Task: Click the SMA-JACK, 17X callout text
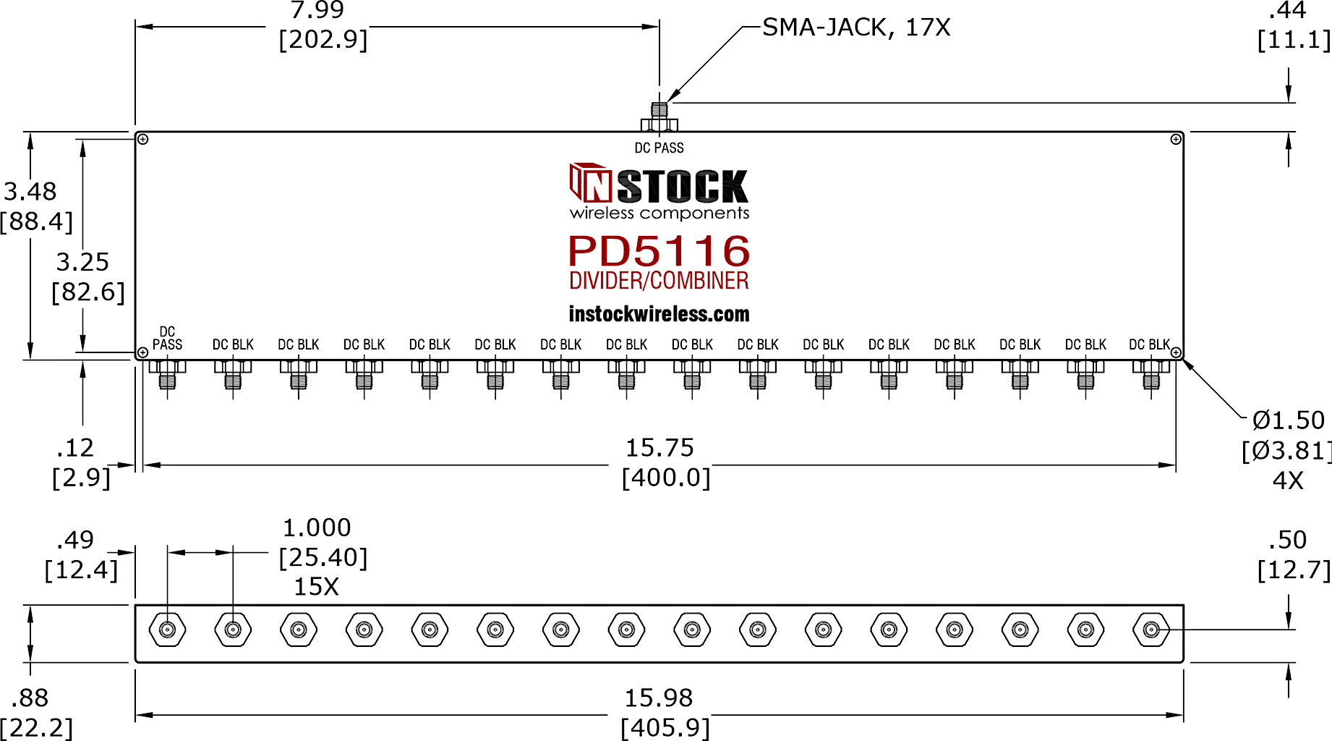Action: pyautogui.click(x=856, y=27)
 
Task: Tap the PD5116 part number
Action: pyautogui.click(x=659, y=251)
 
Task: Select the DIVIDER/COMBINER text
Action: pyautogui.click(x=659, y=281)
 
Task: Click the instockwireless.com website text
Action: pyautogui.click(x=659, y=314)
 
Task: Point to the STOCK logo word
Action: pyautogui.click(x=683, y=187)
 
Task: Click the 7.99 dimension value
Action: pyautogui.click(x=317, y=10)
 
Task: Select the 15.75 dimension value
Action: pyautogui.click(x=659, y=448)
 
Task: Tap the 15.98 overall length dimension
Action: pyautogui.click(x=659, y=698)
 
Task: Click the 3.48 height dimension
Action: pyautogui.click(x=30, y=192)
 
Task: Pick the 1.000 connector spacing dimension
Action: pyautogui.click(x=317, y=528)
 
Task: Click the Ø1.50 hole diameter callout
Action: pyautogui.click(x=1289, y=420)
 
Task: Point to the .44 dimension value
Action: pyautogui.click(x=1287, y=10)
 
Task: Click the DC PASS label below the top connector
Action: pyautogui.click(x=659, y=148)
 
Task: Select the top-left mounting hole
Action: pyautogui.click(x=143, y=139)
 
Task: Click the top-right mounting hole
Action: pyautogui.click(x=1176, y=139)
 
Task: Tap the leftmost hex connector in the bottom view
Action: pyautogui.click(x=167, y=630)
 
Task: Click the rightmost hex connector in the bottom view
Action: pyautogui.click(x=1151, y=630)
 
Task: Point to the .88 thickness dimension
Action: pyautogui.click(x=30, y=698)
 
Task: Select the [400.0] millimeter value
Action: pyautogui.click(x=666, y=478)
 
